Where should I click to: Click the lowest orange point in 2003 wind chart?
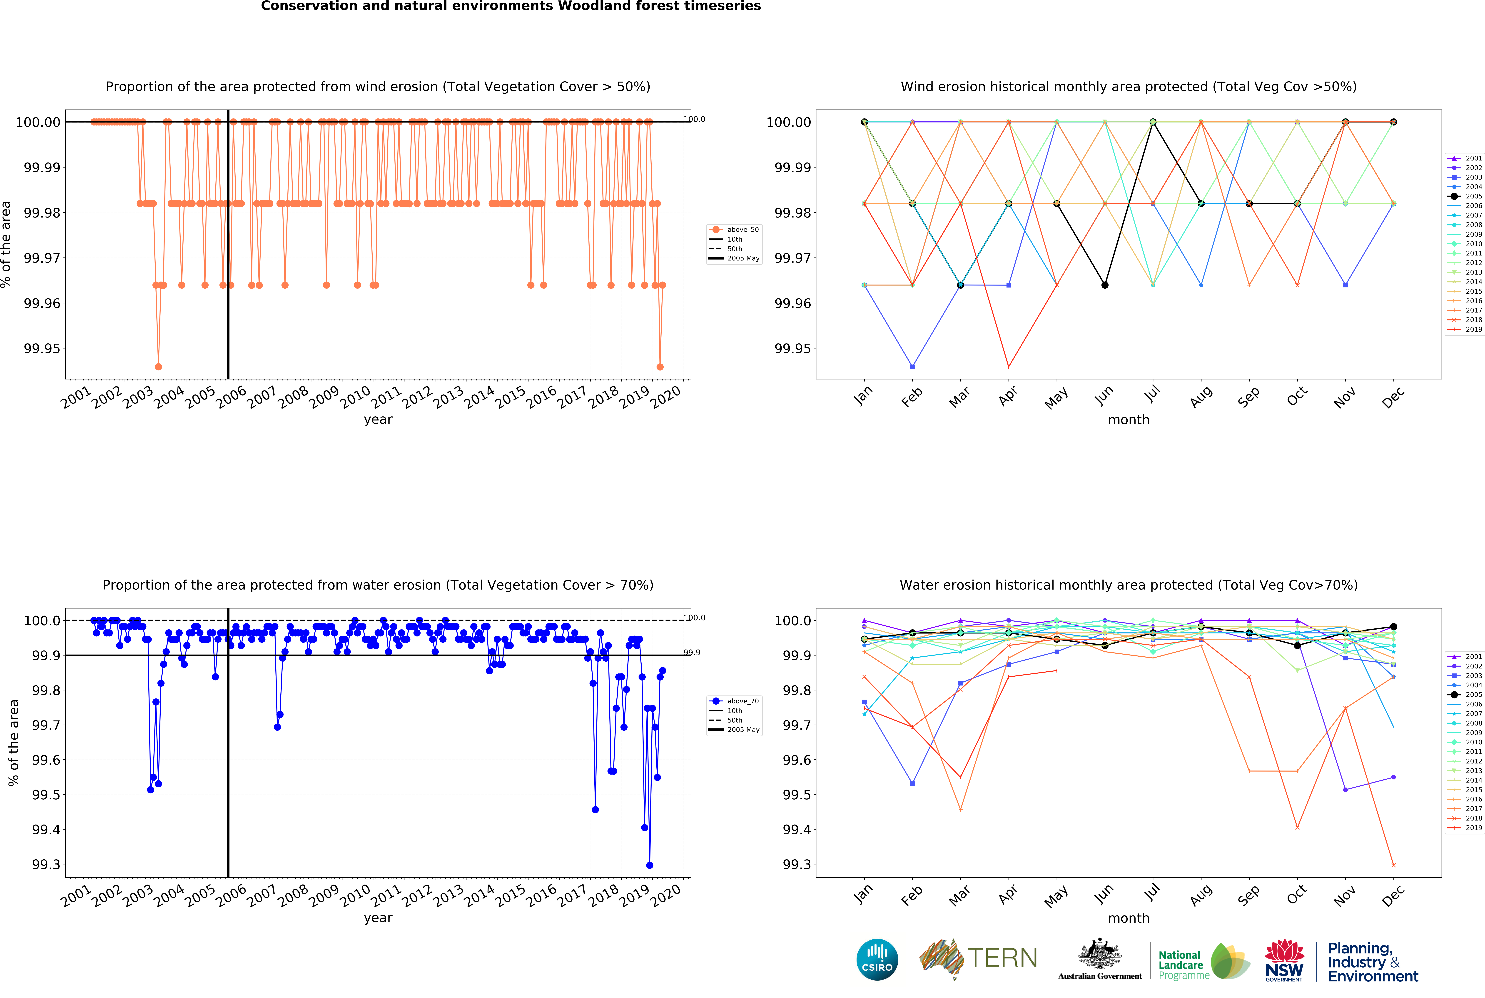[158, 367]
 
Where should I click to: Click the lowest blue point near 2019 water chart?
[650, 865]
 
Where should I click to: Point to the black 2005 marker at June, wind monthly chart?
[1104, 285]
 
